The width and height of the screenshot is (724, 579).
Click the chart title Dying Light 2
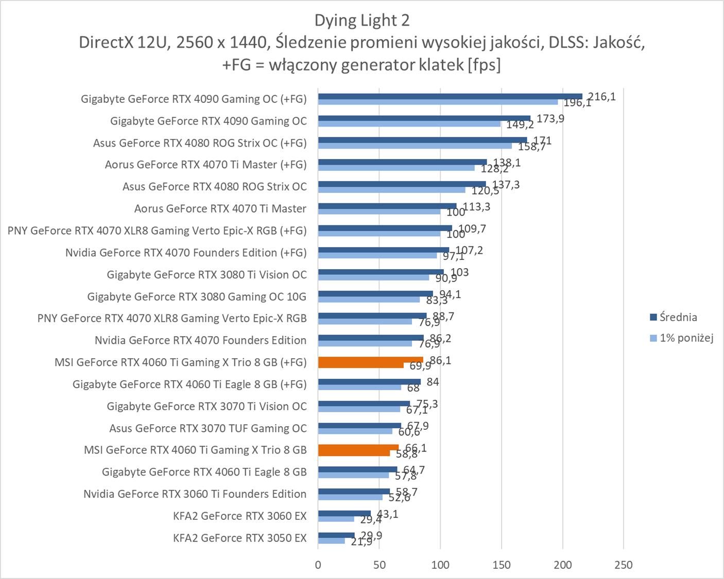pyautogui.click(x=361, y=21)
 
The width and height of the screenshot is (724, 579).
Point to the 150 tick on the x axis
pyautogui.click(x=502, y=565)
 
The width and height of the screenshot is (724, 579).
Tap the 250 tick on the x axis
pyautogui.click(x=624, y=565)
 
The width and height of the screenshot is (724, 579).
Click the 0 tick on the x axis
pyautogui.click(x=318, y=565)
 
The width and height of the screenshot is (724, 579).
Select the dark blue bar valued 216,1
pyautogui.click(x=450, y=96)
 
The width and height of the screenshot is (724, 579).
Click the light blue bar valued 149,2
pyautogui.click(x=409, y=124)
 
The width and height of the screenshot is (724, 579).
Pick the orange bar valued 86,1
pyautogui.click(x=370, y=360)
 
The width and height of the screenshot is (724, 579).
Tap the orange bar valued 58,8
pyautogui.click(x=354, y=453)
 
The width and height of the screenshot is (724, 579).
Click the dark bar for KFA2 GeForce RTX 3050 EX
pyautogui.click(x=336, y=535)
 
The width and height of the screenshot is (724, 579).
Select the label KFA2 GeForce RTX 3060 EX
pyautogui.click(x=239, y=516)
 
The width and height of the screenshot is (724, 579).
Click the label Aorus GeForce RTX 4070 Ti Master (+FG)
pyautogui.click(x=205, y=165)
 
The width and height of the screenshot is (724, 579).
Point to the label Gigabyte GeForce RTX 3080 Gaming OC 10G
pyautogui.click(x=197, y=296)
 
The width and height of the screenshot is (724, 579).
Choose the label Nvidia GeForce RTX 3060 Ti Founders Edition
pyautogui.click(x=195, y=494)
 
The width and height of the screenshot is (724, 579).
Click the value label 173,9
pyautogui.click(x=550, y=119)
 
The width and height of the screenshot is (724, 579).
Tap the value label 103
pyautogui.click(x=459, y=272)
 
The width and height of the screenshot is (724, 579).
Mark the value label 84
pyautogui.click(x=433, y=382)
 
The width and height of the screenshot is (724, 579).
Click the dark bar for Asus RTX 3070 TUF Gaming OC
pyautogui.click(x=359, y=426)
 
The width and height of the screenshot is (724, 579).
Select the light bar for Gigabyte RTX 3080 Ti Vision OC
pyautogui.click(x=373, y=277)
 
